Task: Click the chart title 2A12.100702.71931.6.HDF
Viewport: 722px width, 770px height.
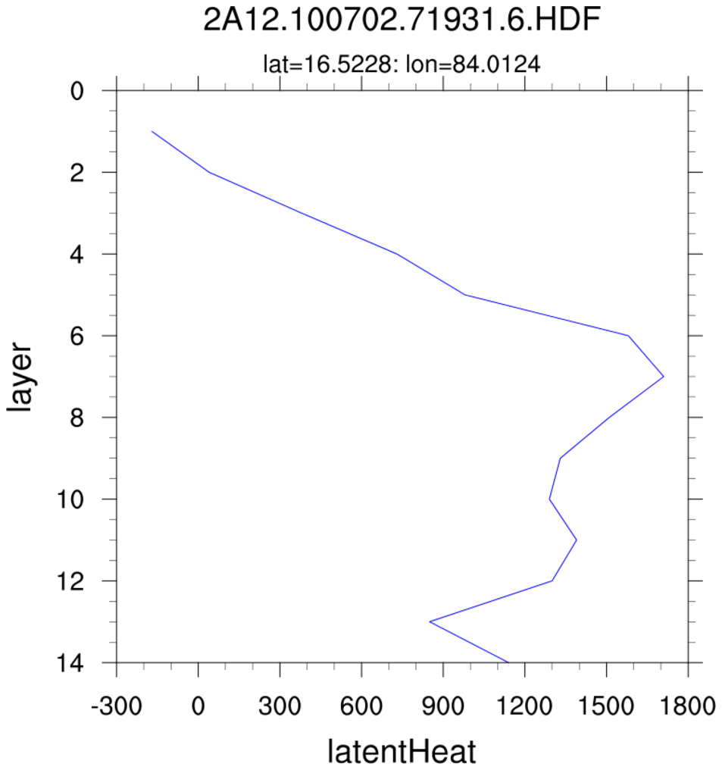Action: point(402,21)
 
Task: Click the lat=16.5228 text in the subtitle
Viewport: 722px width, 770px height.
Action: point(324,65)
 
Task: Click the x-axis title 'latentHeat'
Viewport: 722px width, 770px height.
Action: point(402,753)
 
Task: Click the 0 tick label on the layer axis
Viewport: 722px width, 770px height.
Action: point(76,91)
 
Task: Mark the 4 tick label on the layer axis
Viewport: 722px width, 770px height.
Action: point(76,254)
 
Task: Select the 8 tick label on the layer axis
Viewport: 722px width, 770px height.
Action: point(76,418)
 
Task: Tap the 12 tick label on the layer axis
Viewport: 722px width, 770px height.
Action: point(70,581)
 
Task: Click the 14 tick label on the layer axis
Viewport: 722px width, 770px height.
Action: point(70,662)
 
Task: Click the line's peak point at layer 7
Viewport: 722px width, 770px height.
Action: point(664,376)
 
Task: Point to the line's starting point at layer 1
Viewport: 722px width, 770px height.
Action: point(152,131)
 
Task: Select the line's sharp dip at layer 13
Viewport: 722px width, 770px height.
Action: point(430,621)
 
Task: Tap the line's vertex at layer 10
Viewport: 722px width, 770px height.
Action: point(549,499)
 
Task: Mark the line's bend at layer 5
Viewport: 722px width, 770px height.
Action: point(464,295)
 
